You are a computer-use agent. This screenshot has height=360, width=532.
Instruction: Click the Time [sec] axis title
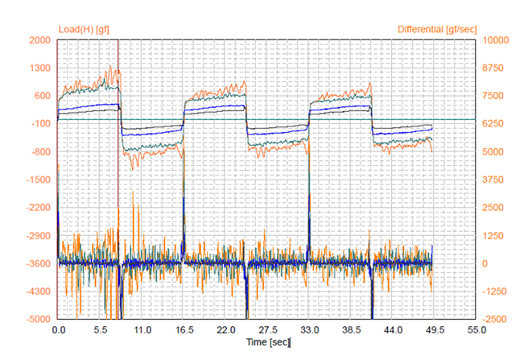[x=268, y=342]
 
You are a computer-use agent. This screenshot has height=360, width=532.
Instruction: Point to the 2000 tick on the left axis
[x=41, y=40]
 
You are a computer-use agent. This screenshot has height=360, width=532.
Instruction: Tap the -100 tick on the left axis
[x=41, y=124]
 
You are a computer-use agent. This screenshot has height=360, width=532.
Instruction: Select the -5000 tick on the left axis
[x=39, y=320]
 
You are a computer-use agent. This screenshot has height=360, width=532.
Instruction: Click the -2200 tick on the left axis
[x=39, y=208]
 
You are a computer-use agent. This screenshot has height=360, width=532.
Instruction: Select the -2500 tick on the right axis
[x=493, y=320]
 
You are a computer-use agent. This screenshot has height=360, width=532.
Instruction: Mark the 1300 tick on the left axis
[x=41, y=68]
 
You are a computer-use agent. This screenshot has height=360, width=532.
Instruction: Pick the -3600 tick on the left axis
[x=39, y=263]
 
